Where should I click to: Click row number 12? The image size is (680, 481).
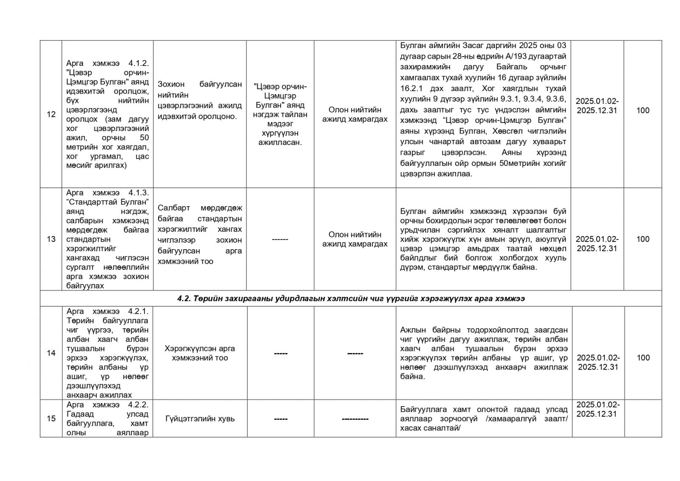(51, 114)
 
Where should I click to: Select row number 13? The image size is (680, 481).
(51, 239)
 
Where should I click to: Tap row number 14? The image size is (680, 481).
(51, 353)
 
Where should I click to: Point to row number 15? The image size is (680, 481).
(51, 418)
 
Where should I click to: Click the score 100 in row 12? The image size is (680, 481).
(643, 111)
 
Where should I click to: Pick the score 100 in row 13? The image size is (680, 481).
(643, 239)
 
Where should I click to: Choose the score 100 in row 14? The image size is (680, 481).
(643, 358)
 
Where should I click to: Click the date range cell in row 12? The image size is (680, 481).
(597, 106)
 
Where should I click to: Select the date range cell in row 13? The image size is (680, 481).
(597, 244)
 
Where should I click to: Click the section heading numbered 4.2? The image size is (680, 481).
(351, 299)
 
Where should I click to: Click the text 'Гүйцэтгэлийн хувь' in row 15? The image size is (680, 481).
(200, 418)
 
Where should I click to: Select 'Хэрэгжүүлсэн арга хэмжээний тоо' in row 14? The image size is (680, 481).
(200, 353)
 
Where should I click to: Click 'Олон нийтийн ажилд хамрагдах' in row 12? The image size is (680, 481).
(355, 114)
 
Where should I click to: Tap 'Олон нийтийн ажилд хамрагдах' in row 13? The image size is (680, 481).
(355, 239)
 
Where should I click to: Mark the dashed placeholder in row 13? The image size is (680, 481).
(280, 239)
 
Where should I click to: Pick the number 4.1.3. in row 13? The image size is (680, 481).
(138, 193)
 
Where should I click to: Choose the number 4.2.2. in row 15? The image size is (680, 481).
(138, 404)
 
